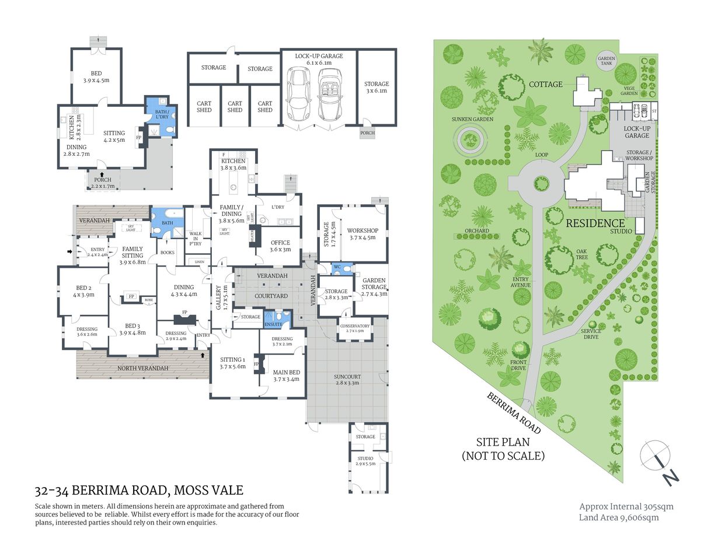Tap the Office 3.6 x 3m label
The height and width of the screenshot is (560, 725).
(280, 246)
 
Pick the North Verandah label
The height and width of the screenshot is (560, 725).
(143, 368)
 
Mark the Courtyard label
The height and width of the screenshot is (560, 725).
(271, 296)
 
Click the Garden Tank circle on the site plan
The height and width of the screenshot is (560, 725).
(607, 60)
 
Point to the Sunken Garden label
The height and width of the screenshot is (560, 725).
(472, 119)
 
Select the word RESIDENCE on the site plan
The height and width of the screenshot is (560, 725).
(595, 223)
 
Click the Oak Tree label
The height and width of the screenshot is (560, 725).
(581, 254)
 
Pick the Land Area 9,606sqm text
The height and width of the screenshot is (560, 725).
(618, 517)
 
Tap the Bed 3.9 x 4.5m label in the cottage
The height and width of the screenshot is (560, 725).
(96, 77)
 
